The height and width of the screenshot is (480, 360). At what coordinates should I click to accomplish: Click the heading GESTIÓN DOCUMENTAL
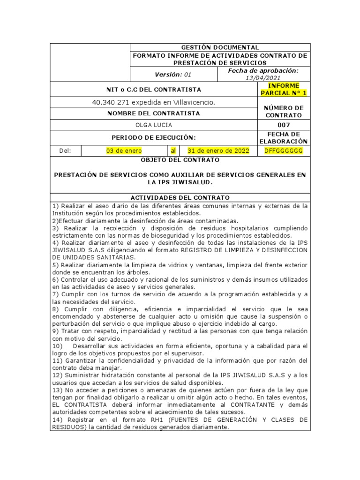tap(220, 47)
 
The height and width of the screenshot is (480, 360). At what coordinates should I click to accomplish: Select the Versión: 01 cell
tap(173, 74)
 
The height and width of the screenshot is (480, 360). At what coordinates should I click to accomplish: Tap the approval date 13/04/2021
tap(263, 78)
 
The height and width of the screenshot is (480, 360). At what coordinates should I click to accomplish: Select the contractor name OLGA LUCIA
tap(154, 126)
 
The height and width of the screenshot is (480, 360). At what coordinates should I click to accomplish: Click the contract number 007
tap(284, 126)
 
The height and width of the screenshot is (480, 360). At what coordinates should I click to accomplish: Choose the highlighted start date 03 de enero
tap(124, 150)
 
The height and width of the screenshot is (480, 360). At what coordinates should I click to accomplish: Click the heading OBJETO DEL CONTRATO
tap(180, 160)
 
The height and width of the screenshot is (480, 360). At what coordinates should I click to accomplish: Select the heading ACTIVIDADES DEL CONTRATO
tap(180, 198)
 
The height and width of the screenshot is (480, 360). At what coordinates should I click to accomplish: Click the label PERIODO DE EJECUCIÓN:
tap(154, 137)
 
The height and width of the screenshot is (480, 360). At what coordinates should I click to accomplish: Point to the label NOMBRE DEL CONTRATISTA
tap(154, 113)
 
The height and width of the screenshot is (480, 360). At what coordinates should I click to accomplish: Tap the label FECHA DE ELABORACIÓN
tap(284, 137)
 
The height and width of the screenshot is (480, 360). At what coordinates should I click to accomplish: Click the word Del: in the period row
tap(66, 150)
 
